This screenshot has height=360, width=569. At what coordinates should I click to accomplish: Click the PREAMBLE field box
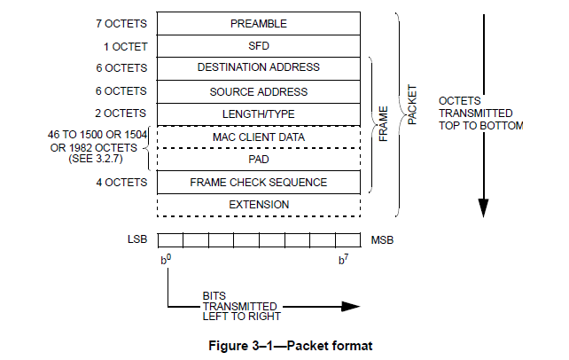(x=259, y=23)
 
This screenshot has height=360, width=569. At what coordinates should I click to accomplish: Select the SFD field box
(x=259, y=45)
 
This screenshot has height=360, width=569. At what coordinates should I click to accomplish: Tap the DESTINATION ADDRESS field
(x=259, y=68)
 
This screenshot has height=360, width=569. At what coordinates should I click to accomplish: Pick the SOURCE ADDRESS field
(x=259, y=91)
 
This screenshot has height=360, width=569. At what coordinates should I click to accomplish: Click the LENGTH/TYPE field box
(x=259, y=114)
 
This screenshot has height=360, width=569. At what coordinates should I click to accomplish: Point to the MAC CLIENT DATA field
(x=259, y=137)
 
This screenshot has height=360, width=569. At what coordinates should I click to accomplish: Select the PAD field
(x=259, y=160)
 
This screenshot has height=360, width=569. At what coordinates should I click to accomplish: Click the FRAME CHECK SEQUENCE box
(x=259, y=183)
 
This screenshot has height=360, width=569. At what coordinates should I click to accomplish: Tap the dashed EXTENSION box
(x=259, y=205)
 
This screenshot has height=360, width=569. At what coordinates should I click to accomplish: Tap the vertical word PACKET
(x=410, y=104)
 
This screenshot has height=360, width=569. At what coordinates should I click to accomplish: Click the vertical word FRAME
(x=384, y=125)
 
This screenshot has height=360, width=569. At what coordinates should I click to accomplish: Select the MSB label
(x=382, y=240)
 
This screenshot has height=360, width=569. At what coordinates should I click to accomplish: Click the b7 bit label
(x=345, y=260)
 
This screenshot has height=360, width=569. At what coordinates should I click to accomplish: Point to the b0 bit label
(x=166, y=260)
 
